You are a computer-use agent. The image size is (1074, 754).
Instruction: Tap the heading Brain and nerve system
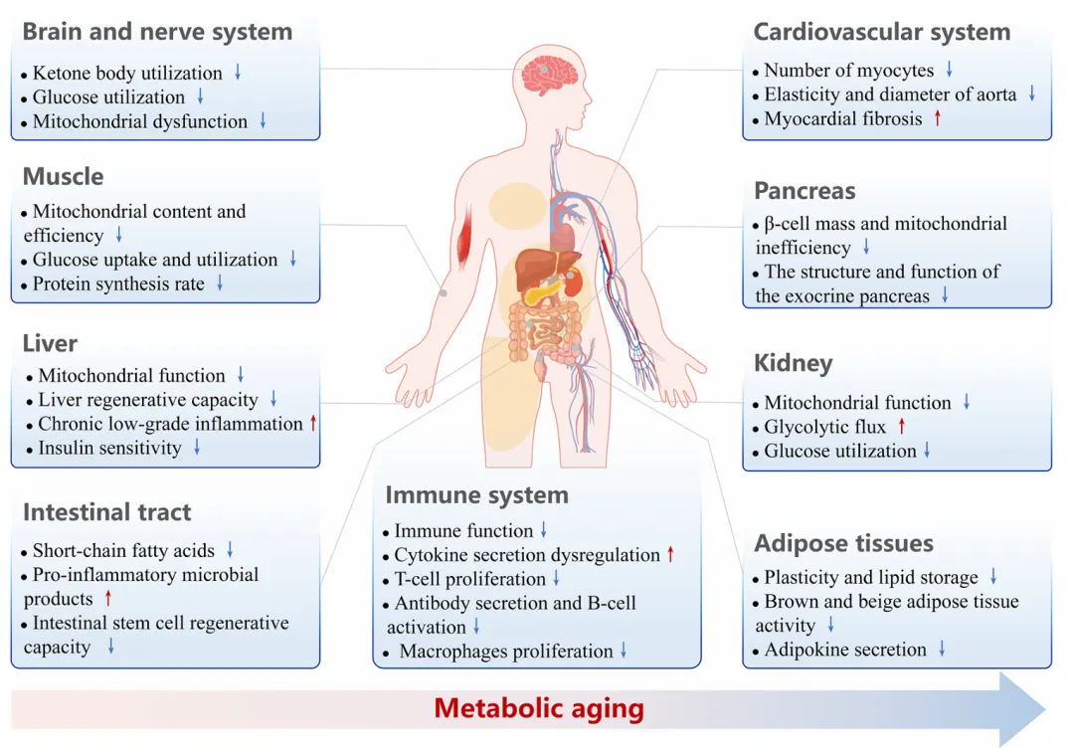(x=157, y=31)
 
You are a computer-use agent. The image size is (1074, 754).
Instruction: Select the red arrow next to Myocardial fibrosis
(x=936, y=119)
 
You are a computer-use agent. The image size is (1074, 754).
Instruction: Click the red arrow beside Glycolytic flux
(x=902, y=427)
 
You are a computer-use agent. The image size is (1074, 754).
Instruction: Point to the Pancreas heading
(x=805, y=191)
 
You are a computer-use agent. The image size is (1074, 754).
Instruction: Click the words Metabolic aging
(x=539, y=709)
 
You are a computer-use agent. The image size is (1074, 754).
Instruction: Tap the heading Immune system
(x=476, y=494)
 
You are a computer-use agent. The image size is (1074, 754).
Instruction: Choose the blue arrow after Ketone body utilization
(x=239, y=73)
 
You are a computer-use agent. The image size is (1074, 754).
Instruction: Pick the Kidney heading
(x=793, y=363)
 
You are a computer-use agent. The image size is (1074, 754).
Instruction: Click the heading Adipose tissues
(x=843, y=543)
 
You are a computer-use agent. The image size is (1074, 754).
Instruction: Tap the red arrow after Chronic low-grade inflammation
(x=313, y=424)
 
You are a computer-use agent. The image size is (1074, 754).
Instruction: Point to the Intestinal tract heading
(x=106, y=512)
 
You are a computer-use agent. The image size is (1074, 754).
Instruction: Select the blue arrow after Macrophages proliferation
(x=624, y=652)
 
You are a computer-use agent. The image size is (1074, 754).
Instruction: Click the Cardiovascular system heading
(x=881, y=31)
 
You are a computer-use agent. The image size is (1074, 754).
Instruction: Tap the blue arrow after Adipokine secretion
(x=941, y=650)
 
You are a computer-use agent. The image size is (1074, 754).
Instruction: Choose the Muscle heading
(x=63, y=176)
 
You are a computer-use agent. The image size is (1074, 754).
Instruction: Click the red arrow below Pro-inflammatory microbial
(x=108, y=599)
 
